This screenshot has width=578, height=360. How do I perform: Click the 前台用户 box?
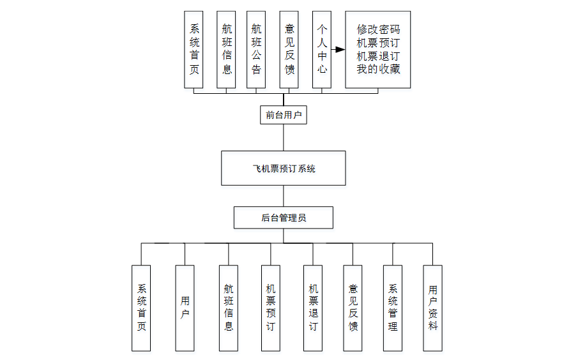click(284, 115)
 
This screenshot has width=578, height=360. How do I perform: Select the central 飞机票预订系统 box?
click(284, 169)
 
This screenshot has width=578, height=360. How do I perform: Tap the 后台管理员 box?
click(284, 218)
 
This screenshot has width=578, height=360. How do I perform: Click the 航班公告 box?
click(256, 49)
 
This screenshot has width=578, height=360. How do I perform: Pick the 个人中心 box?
click(322, 49)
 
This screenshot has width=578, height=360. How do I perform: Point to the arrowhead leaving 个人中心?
click(340, 49)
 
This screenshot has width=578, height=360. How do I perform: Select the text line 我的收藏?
click(378, 69)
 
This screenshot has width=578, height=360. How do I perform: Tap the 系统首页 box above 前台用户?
click(194, 49)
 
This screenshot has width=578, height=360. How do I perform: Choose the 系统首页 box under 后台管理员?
click(142, 308)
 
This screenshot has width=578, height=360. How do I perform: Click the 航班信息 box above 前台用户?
click(227, 49)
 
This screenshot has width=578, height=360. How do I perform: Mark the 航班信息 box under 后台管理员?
click(229, 308)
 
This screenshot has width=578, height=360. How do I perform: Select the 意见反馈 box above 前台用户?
click(289, 49)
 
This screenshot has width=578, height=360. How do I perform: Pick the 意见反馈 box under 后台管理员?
click(353, 308)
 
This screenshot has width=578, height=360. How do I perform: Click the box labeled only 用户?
click(185, 308)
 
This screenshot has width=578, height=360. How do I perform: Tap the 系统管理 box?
click(393, 308)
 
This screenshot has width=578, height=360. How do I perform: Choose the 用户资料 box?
click(432, 308)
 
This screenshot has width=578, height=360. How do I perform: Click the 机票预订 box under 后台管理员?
click(270, 308)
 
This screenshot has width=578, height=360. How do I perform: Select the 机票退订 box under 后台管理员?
click(313, 308)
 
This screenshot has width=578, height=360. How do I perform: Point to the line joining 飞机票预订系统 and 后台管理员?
click(284, 196)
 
